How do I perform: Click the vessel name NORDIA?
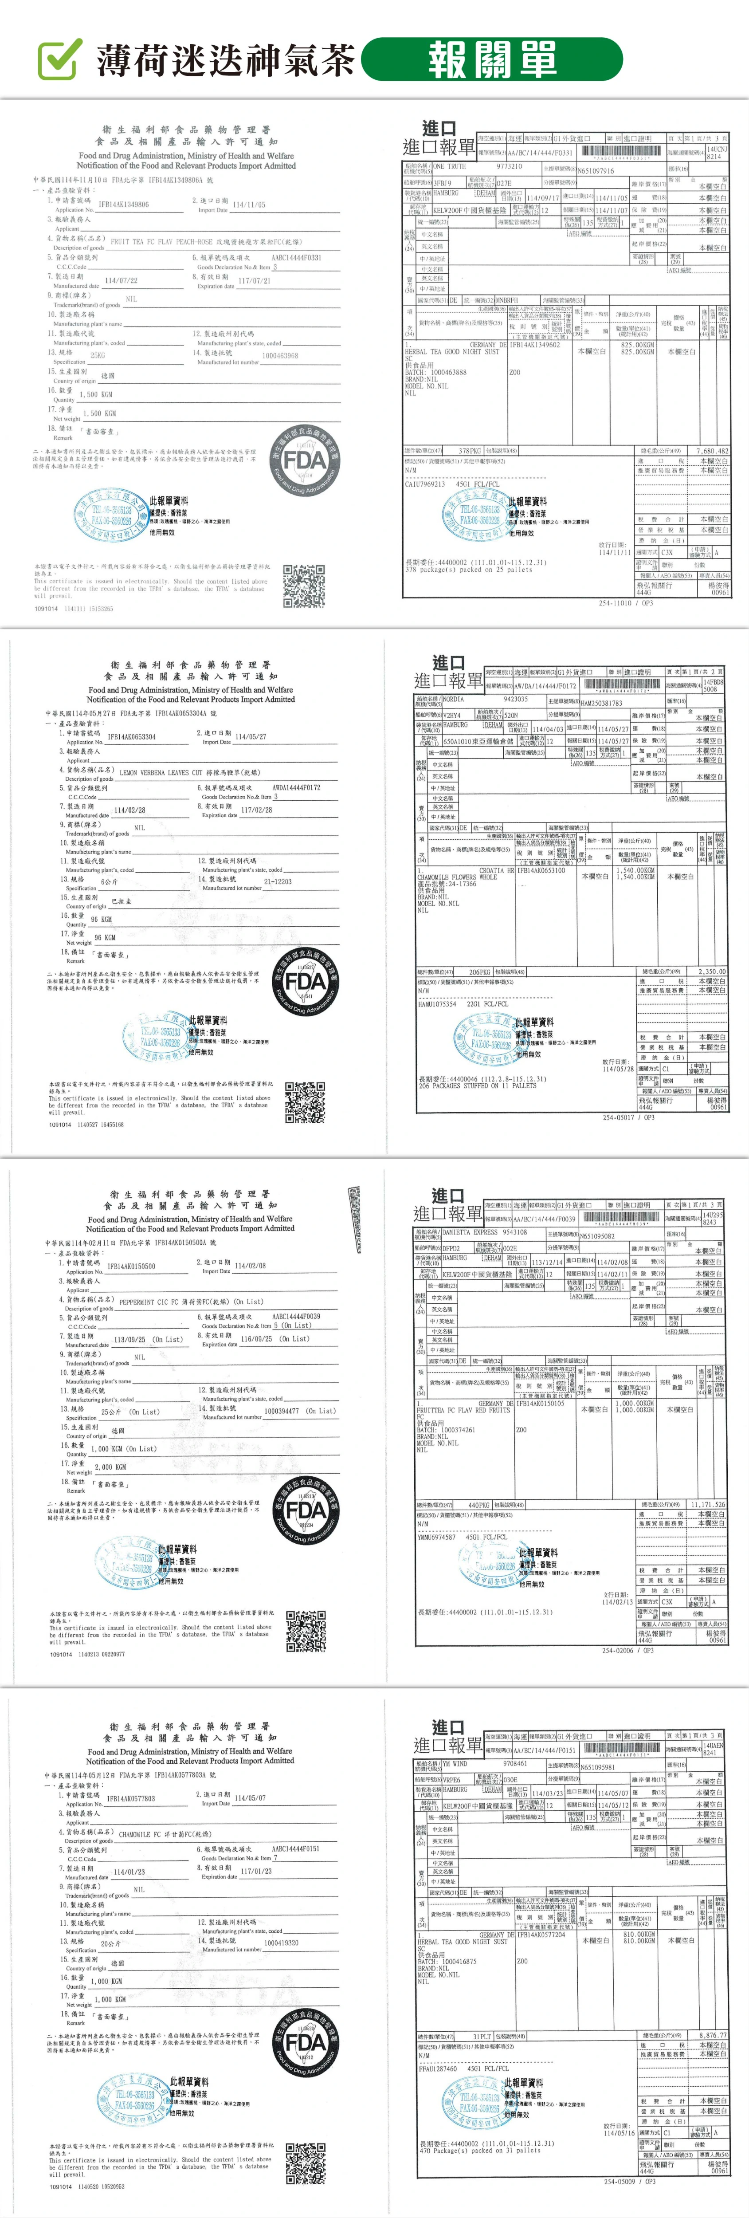coord(454,699)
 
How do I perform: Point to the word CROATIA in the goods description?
coord(492,870)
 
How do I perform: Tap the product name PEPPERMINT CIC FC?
coord(155,1302)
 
